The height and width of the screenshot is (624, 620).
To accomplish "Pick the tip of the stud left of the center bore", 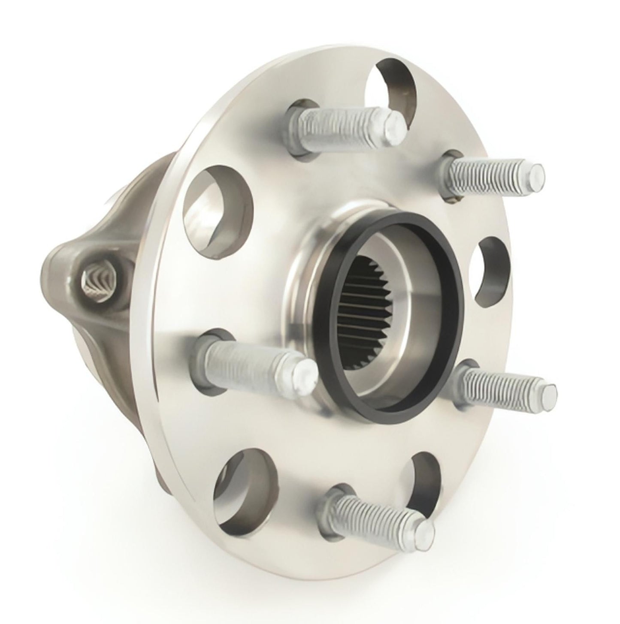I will tap(305, 371).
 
